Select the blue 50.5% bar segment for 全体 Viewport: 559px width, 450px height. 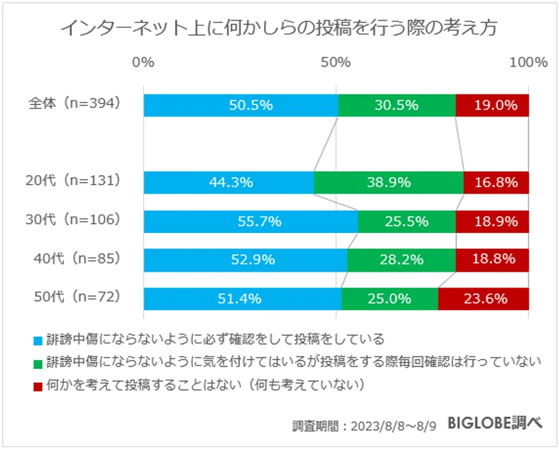[x=240, y=105]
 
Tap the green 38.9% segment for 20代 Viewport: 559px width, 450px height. [x=388, y=182]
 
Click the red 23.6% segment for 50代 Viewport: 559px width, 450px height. [x=483, y=299]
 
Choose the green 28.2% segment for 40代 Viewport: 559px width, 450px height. [x=401, y=260]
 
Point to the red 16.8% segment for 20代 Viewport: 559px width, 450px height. [x=496, y=182]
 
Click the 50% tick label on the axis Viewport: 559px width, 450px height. [x=336, y=63]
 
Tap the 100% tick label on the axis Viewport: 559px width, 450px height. [x=528, y=63]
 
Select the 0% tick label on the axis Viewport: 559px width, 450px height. [x=144, y=63]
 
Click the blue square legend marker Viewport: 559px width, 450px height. [x=38, y=341]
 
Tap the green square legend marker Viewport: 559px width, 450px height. [x=38, y=363]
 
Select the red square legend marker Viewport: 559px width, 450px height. [x=38, y=385]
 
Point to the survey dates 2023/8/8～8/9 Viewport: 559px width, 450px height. [x=393, y=425]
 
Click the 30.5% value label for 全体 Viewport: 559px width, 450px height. [x=397, y=105]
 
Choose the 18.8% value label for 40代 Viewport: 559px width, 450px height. [x=492, y=260]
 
